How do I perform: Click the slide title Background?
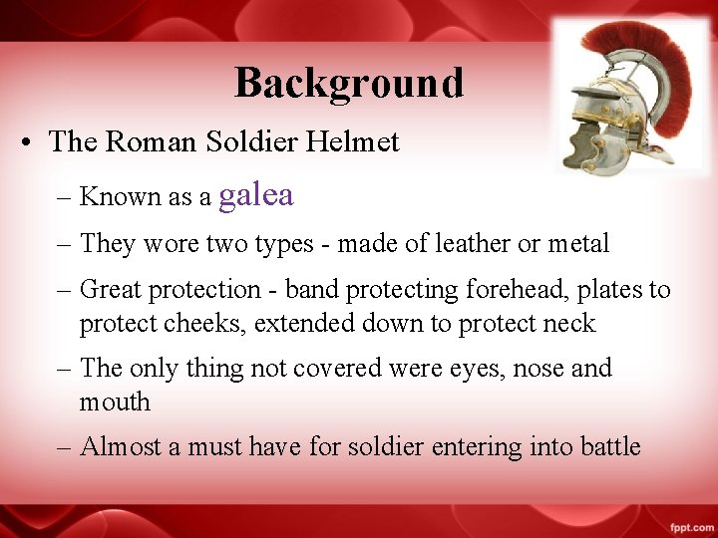coord(349,83)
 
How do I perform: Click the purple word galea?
coord(256,194)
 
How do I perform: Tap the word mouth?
coord(115,402)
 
